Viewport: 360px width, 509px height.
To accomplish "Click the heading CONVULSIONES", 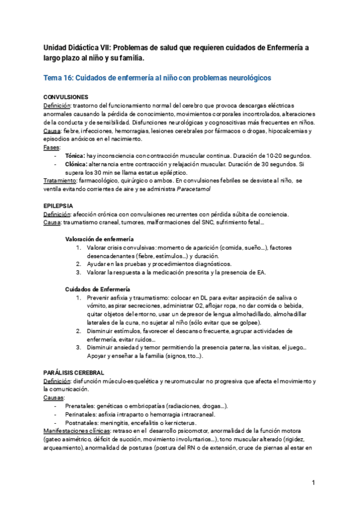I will pos(66,97).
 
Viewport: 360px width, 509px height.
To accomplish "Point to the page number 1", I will pos(313,483).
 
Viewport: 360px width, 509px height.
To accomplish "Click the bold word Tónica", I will pos(75,155).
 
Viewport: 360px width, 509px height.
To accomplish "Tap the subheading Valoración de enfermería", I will pos(99,239).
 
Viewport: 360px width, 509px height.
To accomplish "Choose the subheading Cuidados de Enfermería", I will pos(97,289).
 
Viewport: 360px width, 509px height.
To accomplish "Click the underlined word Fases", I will pos(52,146).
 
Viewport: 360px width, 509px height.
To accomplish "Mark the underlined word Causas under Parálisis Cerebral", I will pos(54,397).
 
